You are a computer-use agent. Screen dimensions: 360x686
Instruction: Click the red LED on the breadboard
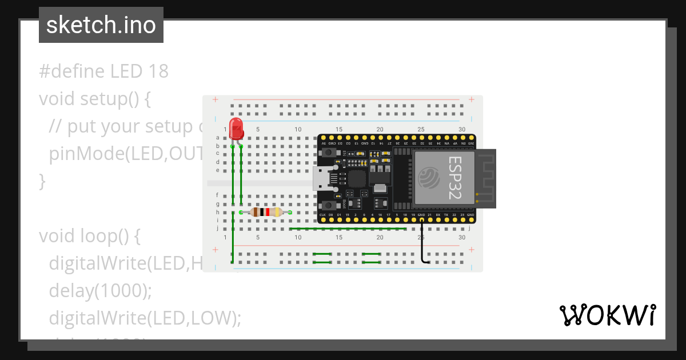236,128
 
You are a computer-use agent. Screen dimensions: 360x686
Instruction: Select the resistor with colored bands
266,213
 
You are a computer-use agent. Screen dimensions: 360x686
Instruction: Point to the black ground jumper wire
422,243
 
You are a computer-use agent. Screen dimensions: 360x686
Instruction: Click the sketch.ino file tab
101,25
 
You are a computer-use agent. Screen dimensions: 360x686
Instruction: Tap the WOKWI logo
607,315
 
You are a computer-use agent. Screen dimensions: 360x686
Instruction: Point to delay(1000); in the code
101,291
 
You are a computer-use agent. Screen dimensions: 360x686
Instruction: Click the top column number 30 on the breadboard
462,130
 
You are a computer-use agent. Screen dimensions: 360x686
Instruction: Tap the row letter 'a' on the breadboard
218,138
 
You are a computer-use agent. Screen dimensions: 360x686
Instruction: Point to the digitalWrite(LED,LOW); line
145,318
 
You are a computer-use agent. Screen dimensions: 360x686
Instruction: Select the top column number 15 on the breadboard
339,130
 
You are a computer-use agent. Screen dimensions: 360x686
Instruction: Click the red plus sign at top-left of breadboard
216,100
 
